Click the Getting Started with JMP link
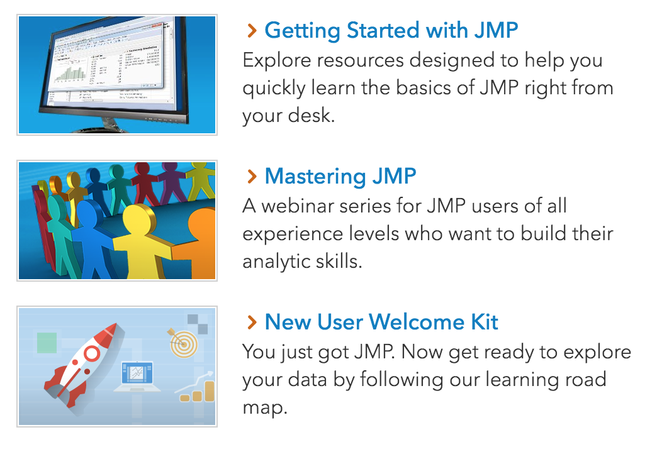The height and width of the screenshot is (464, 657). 391,30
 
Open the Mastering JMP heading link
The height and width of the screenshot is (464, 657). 340,176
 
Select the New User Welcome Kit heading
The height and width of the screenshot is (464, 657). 381,322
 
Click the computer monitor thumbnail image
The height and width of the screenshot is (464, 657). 116,74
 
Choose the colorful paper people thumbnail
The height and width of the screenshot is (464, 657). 116,220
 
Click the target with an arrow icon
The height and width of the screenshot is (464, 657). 182,343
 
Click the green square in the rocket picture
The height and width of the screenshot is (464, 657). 47,342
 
